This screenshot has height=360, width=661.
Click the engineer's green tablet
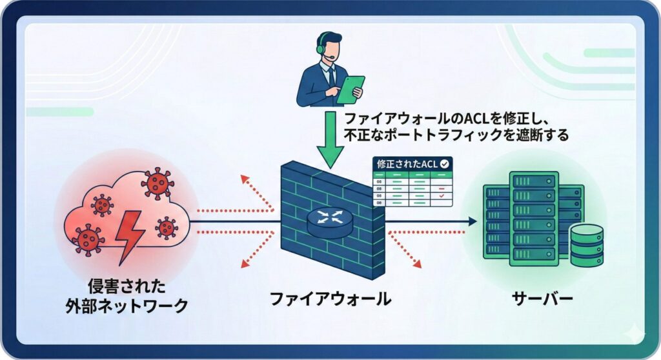[x=350, y=89]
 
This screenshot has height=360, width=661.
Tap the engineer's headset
[x=320, y=47]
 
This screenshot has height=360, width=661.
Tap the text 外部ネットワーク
[x=127, y=305]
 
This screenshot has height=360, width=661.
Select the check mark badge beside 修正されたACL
[x=445, y=164]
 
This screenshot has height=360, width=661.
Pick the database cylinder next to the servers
[x=587, y=245]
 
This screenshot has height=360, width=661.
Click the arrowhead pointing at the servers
[x=473, y=221]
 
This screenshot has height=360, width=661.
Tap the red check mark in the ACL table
[x=442, y=195]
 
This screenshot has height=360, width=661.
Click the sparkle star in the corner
[x=635, y=334]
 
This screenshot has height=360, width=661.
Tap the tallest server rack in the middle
[x=533, y=218]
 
